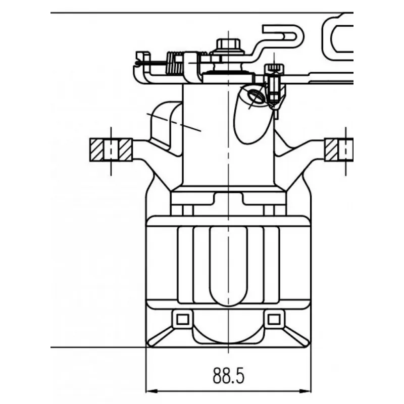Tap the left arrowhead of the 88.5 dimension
click(x=151, y=391)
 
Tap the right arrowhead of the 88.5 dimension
click(x=306, y=391)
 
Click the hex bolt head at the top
click(x=228, y=44)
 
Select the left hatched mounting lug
click(x=111, y=150)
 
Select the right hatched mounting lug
click(x=339, y=150)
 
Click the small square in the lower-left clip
click(x=183, y=320)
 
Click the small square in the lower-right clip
click(x=274, y=320)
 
